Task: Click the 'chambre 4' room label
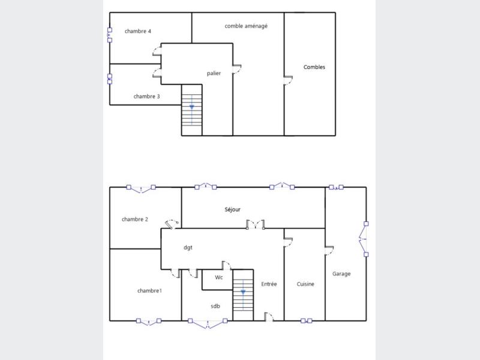138,31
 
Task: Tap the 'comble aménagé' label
246,26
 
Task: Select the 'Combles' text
314,67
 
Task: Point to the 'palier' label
214,73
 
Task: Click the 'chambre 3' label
146,97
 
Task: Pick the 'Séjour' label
232,209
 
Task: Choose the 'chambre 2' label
134,219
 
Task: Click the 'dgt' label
188,247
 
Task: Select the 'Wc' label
218,277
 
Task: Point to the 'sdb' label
215,306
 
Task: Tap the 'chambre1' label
149,291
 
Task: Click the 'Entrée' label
269,284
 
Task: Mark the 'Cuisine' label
305,284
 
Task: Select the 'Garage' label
341,274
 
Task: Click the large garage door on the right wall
364,239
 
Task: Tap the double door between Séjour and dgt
256,224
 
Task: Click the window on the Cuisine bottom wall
306,321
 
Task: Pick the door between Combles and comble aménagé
288,80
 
